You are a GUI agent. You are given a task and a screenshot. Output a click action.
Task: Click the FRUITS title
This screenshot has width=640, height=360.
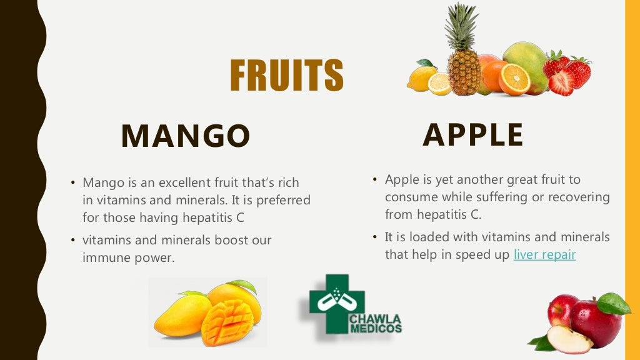coord(287,76)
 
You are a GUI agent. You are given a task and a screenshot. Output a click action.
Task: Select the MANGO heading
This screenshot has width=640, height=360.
coord(186,136)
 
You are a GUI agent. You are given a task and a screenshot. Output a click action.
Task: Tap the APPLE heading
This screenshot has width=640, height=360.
coord(473,135)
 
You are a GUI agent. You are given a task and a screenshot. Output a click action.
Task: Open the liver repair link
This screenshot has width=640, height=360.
coord(544,254)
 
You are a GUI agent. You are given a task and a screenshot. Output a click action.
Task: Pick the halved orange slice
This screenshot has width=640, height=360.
coord(514,80)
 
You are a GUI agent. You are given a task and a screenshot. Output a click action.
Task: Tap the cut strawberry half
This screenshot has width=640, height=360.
coord(562,82)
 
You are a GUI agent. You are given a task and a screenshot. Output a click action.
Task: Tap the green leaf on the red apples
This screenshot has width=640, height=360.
coord(613,304)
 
